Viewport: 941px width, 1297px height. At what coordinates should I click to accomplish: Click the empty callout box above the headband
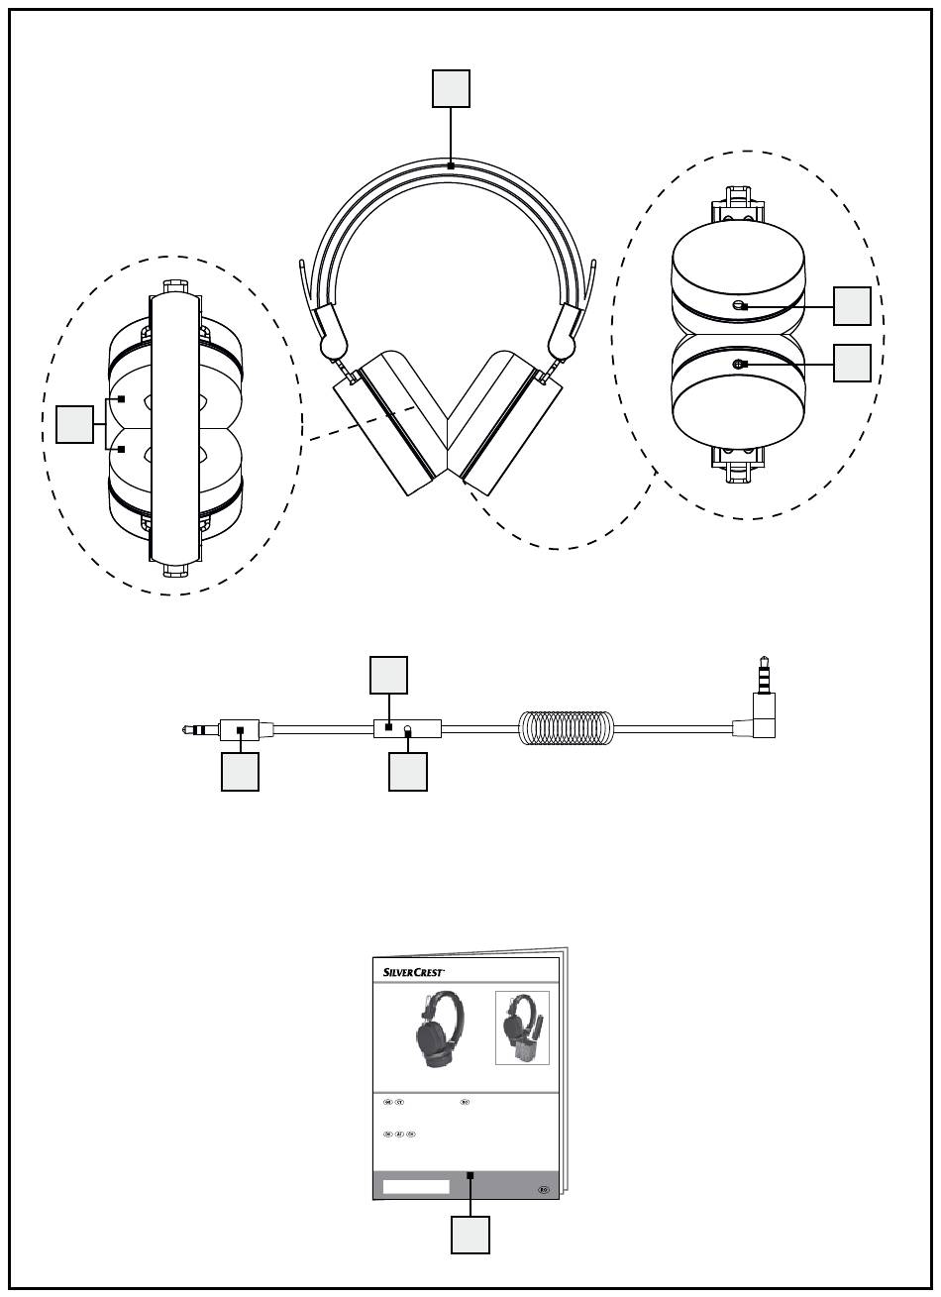click(x=451, y=89)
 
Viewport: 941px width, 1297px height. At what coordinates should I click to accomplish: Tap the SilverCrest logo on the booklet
click(x=413, y=972)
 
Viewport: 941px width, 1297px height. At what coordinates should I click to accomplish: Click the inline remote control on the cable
click(x=406, y=728)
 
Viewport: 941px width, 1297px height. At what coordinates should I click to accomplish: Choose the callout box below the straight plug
click(x=240, y=772)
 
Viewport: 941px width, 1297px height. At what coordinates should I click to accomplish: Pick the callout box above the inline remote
click(x=388, y=676)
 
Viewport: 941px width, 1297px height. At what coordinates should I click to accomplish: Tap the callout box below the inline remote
click(x=408, y=772)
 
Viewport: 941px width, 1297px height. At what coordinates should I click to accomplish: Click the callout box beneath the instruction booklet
click(x=470, y=1235)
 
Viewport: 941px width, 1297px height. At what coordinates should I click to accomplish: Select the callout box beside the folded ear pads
click(x=74, y=423)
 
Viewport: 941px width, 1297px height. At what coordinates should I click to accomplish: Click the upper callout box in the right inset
click(x=852, y=306)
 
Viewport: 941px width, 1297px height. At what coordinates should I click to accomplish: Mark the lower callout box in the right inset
click(x=852, y=364)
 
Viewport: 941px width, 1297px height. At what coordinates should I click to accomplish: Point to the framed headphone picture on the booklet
click(x=522, y=1027)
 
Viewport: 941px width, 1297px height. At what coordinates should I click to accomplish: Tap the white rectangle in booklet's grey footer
click(x=416, y=1186)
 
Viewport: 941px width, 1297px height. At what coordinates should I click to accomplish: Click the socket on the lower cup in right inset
click(x=738, y=365)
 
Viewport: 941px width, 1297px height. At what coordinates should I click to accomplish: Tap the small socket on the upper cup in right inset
click(x=739, y=306)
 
